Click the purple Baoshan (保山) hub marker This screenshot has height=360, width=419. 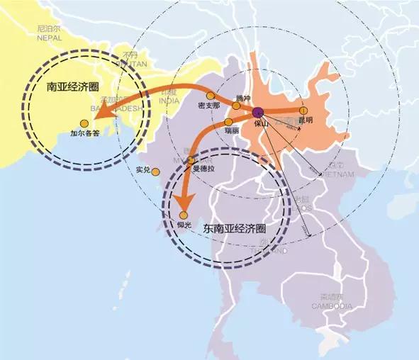point(258,111)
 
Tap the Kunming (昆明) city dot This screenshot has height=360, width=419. point(303,111)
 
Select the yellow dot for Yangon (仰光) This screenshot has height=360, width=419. point(183,215)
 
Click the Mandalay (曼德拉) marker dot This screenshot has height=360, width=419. point(191,161)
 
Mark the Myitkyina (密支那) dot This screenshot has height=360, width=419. point(211,96)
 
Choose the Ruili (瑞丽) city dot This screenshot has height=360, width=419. point(228,122)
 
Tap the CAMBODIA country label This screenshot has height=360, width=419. point(331,305)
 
